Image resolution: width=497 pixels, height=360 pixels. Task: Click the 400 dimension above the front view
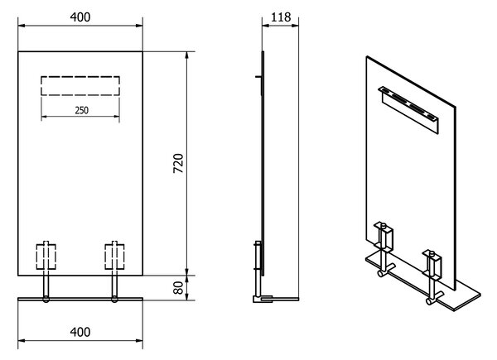click(x=80, y=17)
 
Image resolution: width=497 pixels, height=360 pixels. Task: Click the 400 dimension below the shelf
click(x=80, y=332)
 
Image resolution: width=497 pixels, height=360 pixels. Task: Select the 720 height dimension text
click(x=178, y=163)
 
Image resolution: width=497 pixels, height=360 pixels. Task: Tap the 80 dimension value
click(x=178, y=288)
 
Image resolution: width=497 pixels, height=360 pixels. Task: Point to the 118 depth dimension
click(x=281, y=17)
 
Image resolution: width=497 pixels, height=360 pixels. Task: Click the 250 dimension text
click(x=82, y=110)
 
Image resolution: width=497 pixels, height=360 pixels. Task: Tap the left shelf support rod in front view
click(x=46, y=285)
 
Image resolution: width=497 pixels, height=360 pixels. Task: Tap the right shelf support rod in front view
click(x=114, y=285)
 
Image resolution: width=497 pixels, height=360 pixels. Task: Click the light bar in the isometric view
click(x=409, y=109)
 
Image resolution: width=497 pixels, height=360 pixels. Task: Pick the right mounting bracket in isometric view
click(x=432, y=264)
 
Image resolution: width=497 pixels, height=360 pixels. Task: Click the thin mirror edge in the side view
click(x=263, y=163)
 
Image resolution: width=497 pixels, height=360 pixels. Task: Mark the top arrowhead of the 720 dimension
click(x=187, y=55)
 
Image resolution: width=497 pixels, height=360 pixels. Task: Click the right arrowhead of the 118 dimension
click(x=295, y=26)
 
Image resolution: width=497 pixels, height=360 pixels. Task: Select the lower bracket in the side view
click(x=258, y=257)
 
